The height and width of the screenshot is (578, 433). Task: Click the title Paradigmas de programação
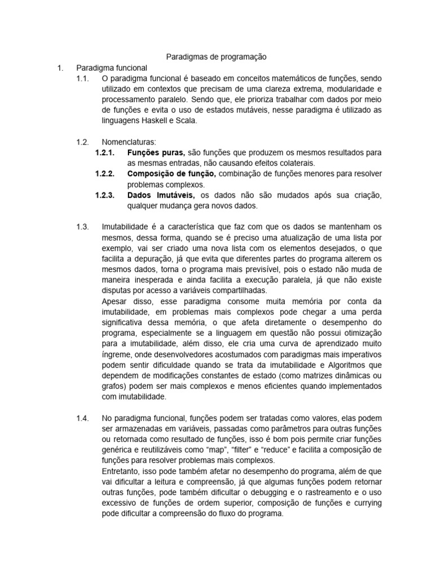tap(216, 56)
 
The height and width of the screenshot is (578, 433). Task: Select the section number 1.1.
tap(82, 78)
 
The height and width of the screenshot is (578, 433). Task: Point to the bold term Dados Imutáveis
tap(161, 195)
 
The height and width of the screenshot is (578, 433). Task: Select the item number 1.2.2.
tap(105, 174)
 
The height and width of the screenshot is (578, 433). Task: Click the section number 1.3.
tap(82, 227)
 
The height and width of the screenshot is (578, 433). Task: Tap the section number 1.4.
tap(82, 418)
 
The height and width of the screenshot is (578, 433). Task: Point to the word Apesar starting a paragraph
tap(115, 301)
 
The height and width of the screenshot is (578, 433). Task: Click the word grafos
tap(113, 387)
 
